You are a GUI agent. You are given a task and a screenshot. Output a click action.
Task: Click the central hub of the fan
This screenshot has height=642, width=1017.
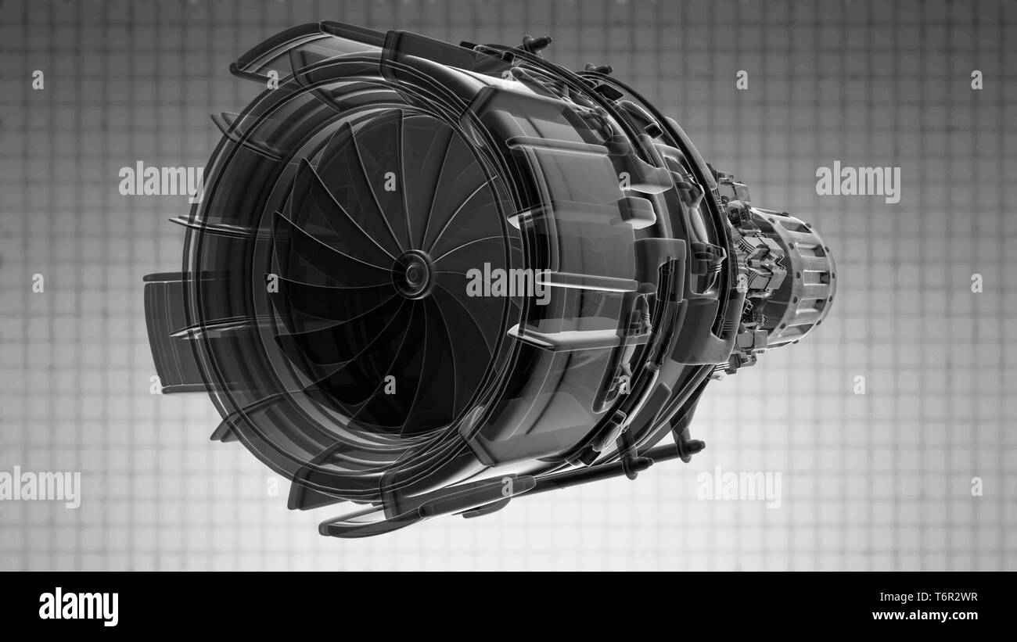411,274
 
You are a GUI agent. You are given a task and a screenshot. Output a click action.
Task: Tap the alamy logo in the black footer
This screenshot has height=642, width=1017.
78,607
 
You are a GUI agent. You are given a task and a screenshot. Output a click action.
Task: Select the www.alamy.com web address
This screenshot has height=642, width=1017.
928,615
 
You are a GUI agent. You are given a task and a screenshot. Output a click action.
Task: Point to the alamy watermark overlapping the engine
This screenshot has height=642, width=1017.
508,283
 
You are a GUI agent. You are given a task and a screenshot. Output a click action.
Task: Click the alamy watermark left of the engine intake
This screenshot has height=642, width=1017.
160,181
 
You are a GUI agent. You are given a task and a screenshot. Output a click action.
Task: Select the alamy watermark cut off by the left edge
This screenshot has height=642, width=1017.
39,486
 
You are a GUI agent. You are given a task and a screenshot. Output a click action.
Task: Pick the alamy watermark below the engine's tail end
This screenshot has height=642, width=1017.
738,486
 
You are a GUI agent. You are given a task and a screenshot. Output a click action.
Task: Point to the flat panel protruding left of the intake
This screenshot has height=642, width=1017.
166,328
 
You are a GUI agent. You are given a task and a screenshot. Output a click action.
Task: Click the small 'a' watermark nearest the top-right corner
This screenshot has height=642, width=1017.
976,80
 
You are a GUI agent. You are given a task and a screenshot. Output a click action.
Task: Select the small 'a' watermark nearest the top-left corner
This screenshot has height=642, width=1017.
37,80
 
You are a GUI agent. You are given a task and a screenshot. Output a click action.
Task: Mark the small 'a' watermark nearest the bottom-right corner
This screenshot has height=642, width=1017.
976,486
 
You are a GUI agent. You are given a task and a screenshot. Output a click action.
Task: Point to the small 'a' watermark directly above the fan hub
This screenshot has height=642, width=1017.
390,181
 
